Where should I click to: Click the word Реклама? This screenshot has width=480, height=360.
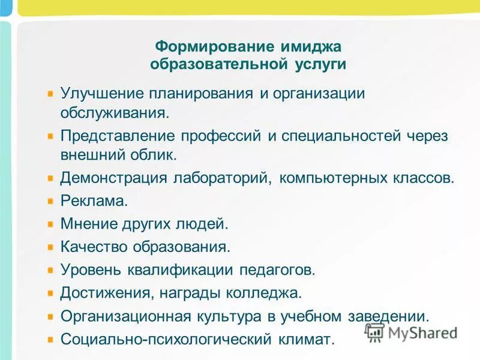pyautogui.click(x=94, y=201)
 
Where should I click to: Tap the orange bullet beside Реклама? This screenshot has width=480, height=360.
pyautogui.click(x=51, y=201)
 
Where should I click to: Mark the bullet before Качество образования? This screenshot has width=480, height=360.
pyautogui.click(x=51, y=247)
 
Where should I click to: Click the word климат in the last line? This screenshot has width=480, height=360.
pyautogui.click(x=306, y=339)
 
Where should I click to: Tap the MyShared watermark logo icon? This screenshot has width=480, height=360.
pyautogui.click(x=374, y=332)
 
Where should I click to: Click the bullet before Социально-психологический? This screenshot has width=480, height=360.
pyautogui.click(x=51, y=338)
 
